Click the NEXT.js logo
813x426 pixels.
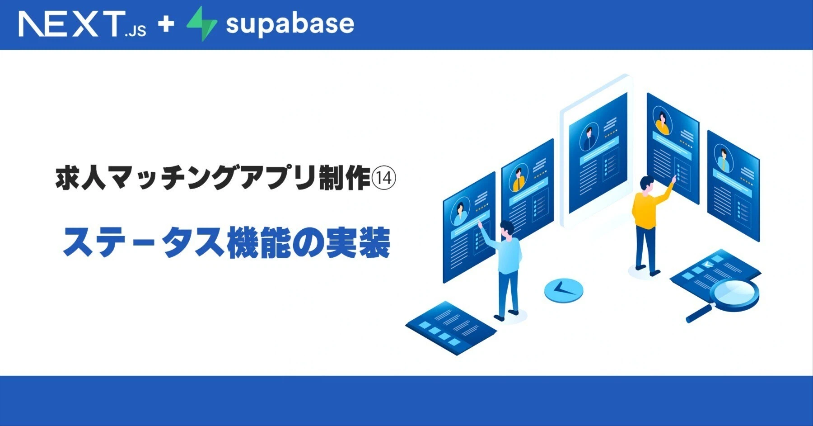83,24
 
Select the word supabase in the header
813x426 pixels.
290,24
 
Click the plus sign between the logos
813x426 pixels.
166,24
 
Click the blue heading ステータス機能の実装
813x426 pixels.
226,242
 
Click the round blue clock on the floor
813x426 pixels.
564,290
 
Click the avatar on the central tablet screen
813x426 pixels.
589,136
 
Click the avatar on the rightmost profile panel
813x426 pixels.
724,158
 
